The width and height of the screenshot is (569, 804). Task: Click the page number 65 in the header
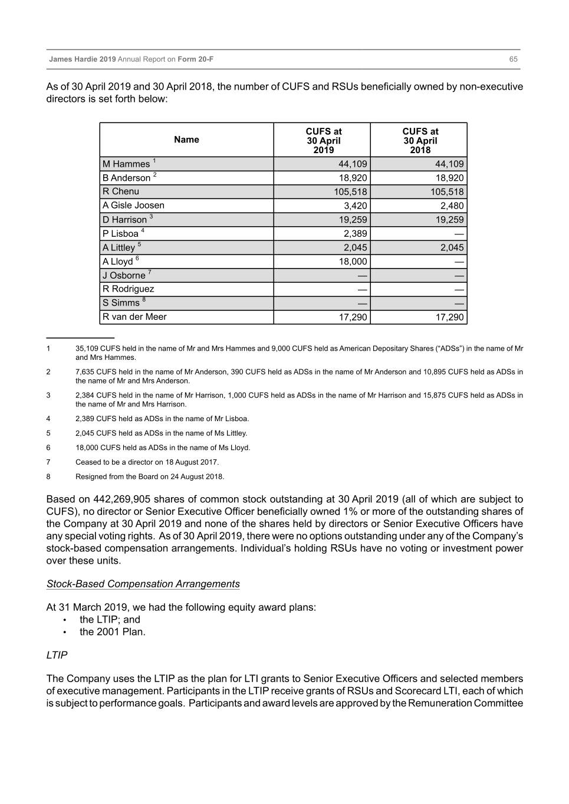(x=513, y=59)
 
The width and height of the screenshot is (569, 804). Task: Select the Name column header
(x=186, y=140)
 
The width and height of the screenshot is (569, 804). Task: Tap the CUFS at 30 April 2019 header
(x=323, y=140)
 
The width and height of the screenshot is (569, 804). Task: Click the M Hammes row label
(x=126, y=164)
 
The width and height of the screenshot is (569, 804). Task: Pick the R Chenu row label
(x=121, y=191)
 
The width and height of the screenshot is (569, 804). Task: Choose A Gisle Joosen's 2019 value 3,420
(x=355, y=206)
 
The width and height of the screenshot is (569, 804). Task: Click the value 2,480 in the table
(x=452, y=206)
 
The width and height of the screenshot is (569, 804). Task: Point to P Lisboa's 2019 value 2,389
(x=355, y=233)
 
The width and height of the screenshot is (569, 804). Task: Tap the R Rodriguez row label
(x=128, y=289)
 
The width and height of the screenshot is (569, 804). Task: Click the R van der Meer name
(x=134, y=317)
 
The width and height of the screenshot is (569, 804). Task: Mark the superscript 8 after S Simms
(x=144, y=300)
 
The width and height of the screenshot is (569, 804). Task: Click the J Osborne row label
(x=124, y=276)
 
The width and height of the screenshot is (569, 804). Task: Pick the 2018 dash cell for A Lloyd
(x=459, y=262)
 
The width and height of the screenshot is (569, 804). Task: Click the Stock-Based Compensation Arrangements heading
(x=143, y=584)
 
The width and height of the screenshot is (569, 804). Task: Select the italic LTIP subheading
(x=57, y=655)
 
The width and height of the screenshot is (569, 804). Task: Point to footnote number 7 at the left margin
(x=48, y=462)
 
